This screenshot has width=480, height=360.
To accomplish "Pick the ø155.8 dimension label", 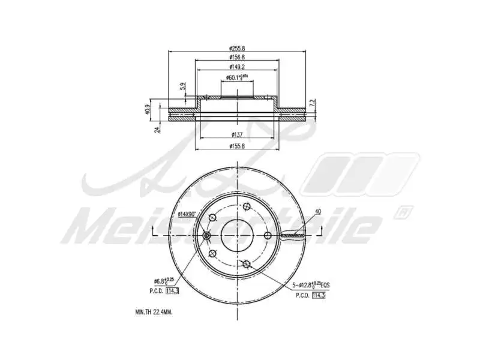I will coord(238,145).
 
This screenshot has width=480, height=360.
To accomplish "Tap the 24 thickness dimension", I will coord(157,128).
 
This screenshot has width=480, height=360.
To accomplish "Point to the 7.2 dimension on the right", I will coord(312,103).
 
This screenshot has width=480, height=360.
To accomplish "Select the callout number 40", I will coord(317,211).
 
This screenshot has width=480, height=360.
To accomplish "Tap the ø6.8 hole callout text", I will coord(164,280).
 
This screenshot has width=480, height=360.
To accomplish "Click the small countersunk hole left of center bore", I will coord(207,235).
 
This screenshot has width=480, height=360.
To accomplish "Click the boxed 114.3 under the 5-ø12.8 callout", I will coord(319,295).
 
